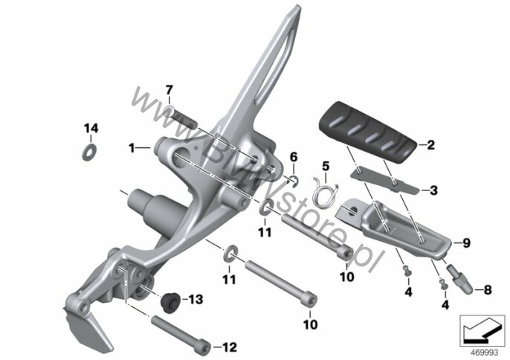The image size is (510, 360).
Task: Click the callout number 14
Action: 91,128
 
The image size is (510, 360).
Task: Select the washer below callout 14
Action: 89,152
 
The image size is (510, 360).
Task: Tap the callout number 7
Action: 170,89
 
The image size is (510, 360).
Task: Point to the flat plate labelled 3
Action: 385,181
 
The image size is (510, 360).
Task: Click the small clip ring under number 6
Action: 294,181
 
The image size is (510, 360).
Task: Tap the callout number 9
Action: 466,242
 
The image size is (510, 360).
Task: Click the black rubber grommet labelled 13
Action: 171,303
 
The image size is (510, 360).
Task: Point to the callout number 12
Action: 230,347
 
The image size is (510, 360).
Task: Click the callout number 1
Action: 132,149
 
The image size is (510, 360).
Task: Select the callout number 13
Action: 196,299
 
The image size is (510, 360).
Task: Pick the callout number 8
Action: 488,289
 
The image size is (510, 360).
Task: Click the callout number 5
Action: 326,166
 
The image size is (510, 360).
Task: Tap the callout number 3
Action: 434,190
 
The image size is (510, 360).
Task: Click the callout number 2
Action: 430,145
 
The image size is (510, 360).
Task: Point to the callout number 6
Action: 294,157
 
